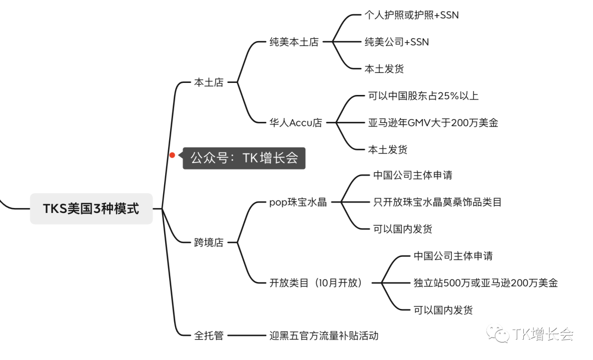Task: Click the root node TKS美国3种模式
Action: click(91, 209)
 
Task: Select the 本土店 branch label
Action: click(209, 83)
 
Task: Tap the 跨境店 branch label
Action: click(209, 242)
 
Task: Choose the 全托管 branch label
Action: click(209, 335)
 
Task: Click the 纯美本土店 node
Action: click(294, 42)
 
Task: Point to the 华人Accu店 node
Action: click(295, 123)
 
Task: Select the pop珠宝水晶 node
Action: click(298, 202)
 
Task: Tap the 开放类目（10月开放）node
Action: click(316, 283)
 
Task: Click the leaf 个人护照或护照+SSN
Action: click(411, 15)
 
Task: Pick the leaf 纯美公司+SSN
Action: click(396, 42)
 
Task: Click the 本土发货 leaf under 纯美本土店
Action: click(384, 69)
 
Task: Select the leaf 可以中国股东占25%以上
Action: click(423, 96)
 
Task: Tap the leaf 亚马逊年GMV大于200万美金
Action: click(433, 123)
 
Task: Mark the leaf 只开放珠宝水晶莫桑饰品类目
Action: click(437, 202)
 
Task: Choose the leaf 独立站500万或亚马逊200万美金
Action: click(485, 283)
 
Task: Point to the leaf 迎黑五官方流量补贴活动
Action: click(323, 335)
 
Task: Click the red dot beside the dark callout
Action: click(172, 155)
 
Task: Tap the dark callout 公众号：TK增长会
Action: click(244, 158)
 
